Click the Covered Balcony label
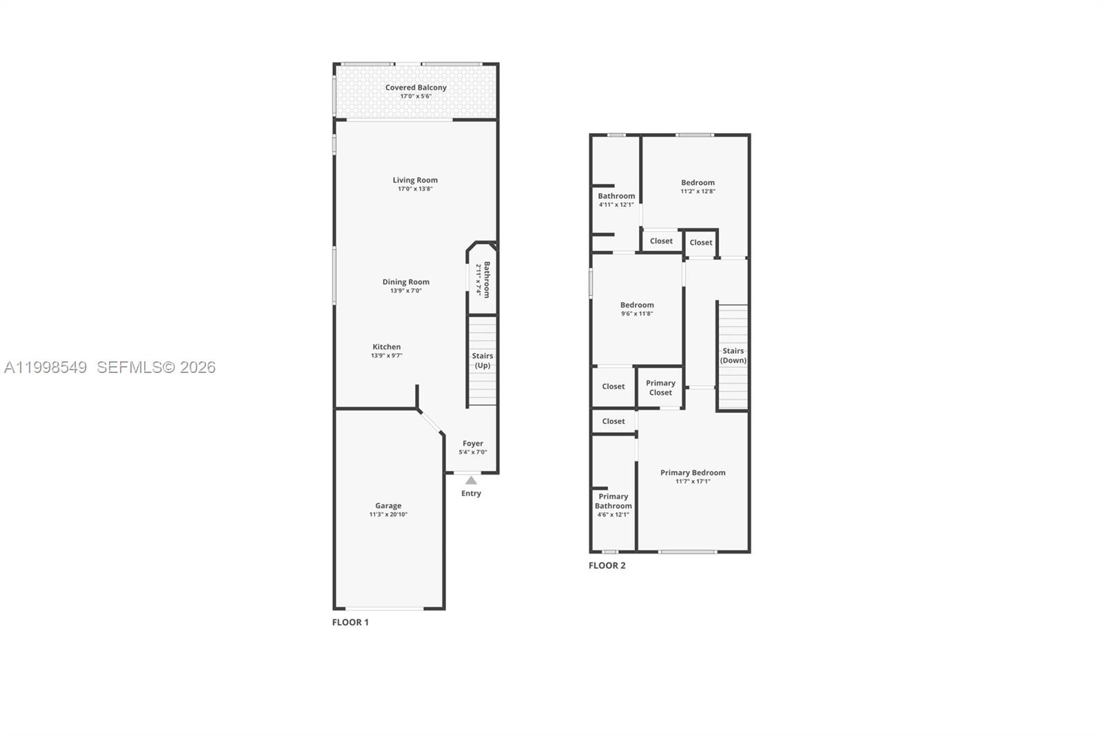[x=416, y=88]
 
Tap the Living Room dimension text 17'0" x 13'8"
[x=415, y=189]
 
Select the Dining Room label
[x=406, y=281]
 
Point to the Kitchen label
[x=387, y=347]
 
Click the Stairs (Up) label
[x=483, y=361]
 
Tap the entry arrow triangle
[x=471, y=481]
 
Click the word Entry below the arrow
[x=472, y=494]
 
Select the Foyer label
[x=473, y=443]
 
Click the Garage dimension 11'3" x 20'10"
[x=388, y=514]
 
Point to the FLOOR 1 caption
[x=350, y=622]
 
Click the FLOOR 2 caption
[x=607, y=565]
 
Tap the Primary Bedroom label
[x=693, y=472]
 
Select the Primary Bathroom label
[x=614, y=501]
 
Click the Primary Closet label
[x=660, y=387]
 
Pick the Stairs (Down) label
[x=733, y=355]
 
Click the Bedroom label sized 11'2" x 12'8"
[x=698, y=183]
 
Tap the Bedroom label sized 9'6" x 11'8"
[x=637, y=305]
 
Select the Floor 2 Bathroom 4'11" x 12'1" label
[x=616, y=196]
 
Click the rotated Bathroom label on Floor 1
[x=486, y=279]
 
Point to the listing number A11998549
[x=45, y=367]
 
